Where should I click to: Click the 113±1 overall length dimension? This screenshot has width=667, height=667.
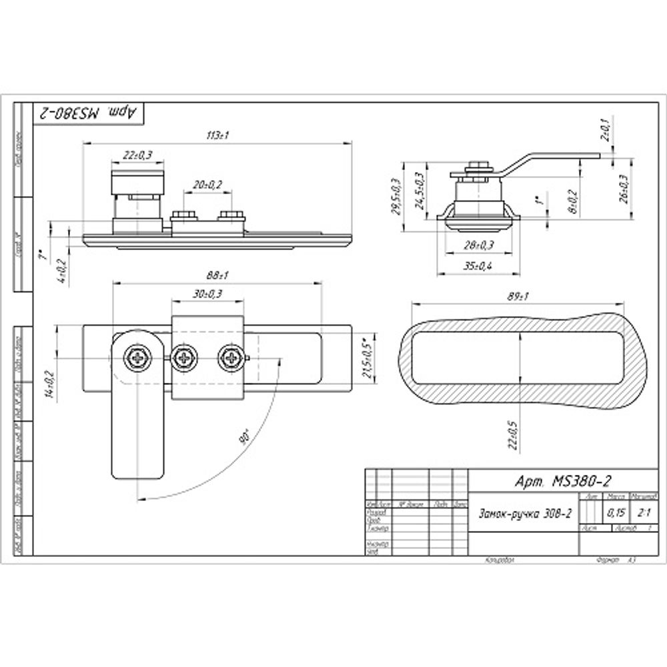pos(218,135)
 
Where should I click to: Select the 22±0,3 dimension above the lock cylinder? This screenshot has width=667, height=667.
pos(138,155)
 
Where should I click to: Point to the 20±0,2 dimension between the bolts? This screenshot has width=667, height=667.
pos(208,185)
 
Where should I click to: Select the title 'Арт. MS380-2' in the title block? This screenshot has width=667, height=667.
pos(564,481)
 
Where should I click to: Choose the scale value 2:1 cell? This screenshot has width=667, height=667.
pos(644,513)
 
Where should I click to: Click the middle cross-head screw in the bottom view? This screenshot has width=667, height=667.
pos(184,358)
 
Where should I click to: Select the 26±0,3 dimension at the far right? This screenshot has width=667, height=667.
pos(624,189)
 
